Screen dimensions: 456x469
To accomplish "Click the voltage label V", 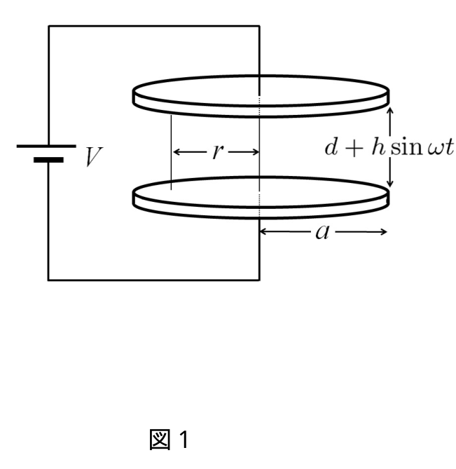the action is click(x=94, y=156).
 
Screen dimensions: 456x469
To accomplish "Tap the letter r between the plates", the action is click(x=218, y=151).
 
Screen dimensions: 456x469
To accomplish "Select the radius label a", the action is click(x=322, y=232).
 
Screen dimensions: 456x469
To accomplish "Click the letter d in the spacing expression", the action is click(x=331, y=147).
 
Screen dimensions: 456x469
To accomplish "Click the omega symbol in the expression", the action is click(x=435, y=149).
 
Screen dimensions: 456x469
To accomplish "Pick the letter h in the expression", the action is click(x=378, y=147).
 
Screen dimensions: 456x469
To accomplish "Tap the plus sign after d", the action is click(x=354, y=148).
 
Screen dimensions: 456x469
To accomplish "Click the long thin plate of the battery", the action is click(x=46, y=146).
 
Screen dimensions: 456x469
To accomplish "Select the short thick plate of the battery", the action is click(x=48, y=160).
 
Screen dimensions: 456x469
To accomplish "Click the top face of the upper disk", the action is click(x=261, y=90).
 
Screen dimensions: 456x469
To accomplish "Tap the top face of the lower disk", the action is click(x=261, y=191).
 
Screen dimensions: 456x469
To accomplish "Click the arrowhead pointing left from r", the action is click(x=176, y=152).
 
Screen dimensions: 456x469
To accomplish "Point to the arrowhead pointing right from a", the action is click(x=384, y=232).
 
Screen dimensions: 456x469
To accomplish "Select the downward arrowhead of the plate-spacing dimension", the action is click(x=389, y=184).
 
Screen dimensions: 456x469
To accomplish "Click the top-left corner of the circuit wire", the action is click(x=49, y=26).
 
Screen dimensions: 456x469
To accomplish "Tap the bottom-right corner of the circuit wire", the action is click(x=259, y=280).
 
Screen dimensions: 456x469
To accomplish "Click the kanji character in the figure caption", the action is click(x=160, y=439).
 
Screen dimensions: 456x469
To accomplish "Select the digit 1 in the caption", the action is click(x=184, y=439).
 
